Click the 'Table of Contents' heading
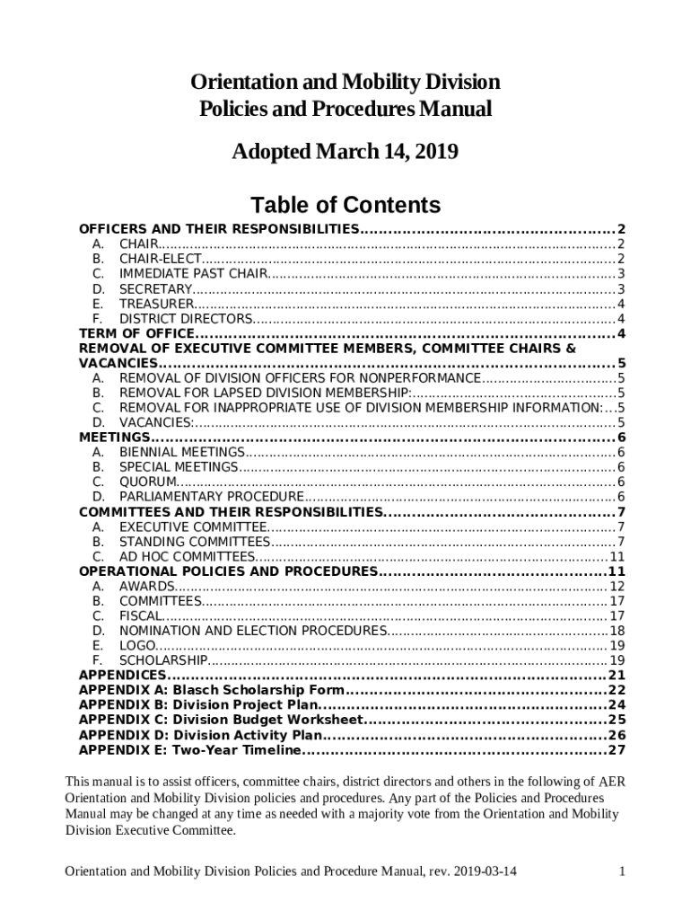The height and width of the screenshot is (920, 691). [x=345, y=205]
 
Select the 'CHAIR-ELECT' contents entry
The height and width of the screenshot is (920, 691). [x=161, y=259]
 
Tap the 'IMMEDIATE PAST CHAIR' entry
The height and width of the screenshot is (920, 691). [x=193, y=273]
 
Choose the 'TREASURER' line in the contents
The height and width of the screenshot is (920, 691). [x=155, y=304]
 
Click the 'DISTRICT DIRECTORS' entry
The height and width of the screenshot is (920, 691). [x=186, y=319]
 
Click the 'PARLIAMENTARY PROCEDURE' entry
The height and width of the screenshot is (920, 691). [x=212, y=497]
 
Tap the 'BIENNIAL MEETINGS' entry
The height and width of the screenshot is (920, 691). [x=182, y=452]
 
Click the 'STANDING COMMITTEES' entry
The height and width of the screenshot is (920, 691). [x=194, y=542]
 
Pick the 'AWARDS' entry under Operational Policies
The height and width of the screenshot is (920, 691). [x=147, y=586]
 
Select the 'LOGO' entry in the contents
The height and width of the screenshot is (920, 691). [x=137, y=645]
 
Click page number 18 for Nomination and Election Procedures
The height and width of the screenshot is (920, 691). [x=617, y=631]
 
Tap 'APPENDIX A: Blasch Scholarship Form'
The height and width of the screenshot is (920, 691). [x=212, y=690]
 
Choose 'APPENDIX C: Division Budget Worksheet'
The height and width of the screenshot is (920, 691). [x=221, y=720]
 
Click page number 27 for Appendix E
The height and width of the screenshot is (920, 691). [x=617, y=749]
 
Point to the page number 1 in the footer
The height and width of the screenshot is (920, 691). [x=622, y=871]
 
